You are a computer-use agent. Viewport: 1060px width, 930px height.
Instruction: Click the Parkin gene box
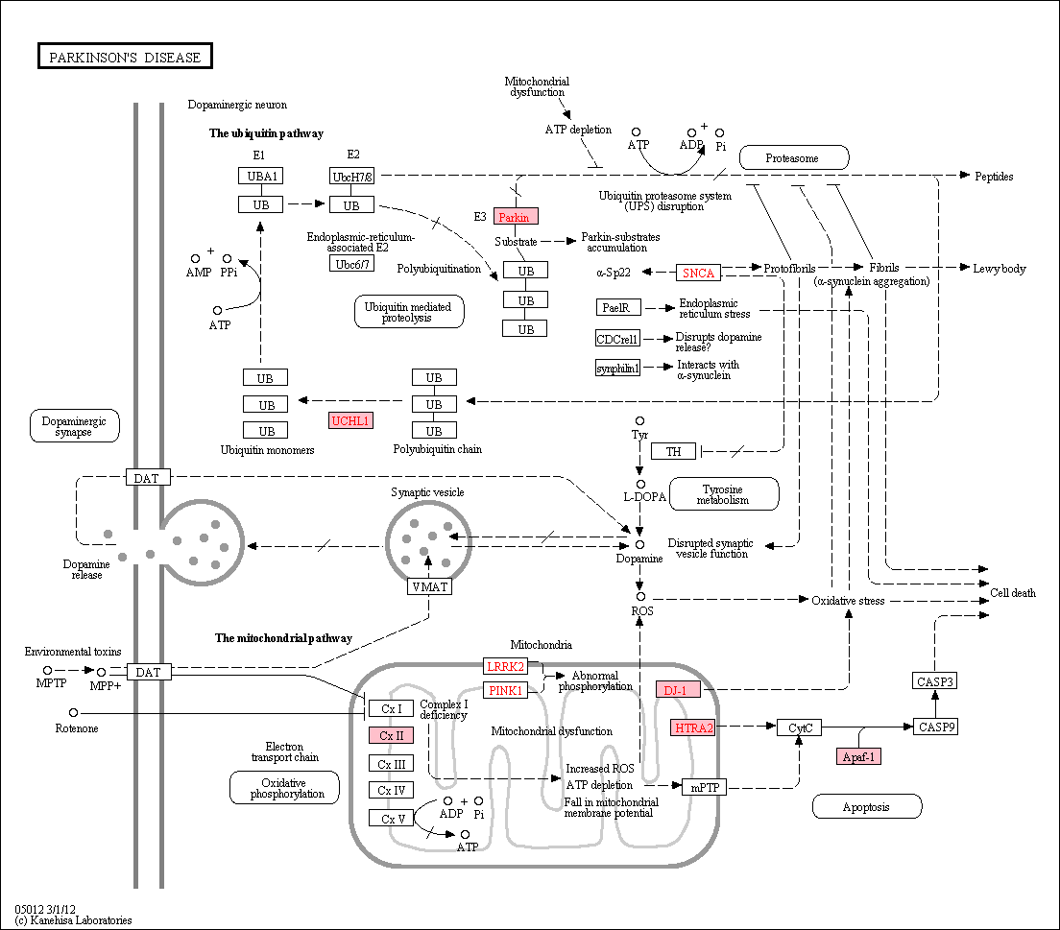(516, 216)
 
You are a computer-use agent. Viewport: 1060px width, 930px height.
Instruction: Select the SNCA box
(698, 273)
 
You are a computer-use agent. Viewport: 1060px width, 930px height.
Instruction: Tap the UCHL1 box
(350, 420)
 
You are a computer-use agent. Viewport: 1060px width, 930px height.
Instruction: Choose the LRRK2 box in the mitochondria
(506, 666)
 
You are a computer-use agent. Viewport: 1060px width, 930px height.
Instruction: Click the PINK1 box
(506, 690)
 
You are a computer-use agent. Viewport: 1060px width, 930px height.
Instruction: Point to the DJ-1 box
(678, 690)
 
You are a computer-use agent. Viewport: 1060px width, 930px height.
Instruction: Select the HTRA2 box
(694, 727)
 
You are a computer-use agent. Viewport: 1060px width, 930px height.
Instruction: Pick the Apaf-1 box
(858, 756)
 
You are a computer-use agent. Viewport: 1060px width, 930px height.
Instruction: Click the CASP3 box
(935, 681)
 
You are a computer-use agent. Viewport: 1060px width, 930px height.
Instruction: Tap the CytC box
(800, 727)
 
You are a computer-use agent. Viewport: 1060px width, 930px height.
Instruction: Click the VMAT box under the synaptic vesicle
(430, 586)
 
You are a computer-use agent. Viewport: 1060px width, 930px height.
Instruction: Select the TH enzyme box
(673, 451)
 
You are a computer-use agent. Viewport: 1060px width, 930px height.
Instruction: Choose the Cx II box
(391, 735)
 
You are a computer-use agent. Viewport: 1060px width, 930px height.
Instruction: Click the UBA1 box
(261, 176)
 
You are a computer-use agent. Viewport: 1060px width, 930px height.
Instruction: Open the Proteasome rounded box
(794, 157)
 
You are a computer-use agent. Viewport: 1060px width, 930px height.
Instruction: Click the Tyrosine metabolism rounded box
(724, 494)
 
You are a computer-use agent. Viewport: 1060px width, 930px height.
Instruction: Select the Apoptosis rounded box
(867, 806)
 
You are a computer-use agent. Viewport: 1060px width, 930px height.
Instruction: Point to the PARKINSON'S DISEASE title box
(125, 56)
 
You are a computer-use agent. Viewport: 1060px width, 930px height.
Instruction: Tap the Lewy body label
(1000, 269)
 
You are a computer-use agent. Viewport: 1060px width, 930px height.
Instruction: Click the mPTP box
(705, 787)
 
